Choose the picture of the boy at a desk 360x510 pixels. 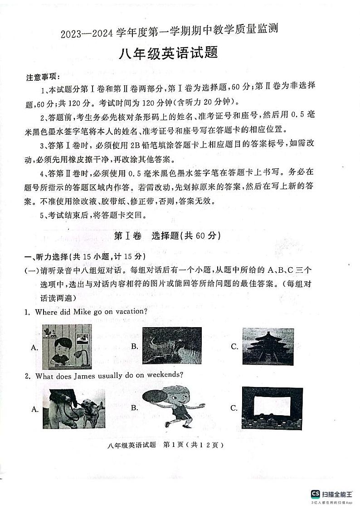pos(67,347)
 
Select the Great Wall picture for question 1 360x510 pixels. pos(172,346)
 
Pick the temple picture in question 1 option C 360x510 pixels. pos(268,346)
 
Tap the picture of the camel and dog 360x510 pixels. pos(74,408)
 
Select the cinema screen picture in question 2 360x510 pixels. pos(272,407)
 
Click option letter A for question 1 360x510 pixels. pos(34,348)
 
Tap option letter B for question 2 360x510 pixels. pos(134,407)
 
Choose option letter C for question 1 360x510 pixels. pos(234,347)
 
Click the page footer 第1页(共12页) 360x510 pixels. pos(192,445)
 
